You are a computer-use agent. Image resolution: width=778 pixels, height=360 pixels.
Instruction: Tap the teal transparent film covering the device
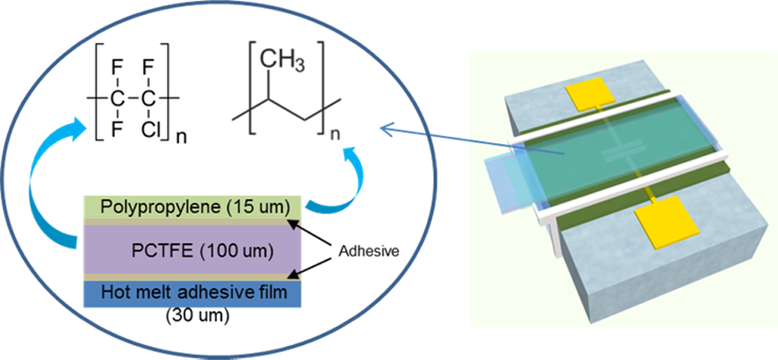(591, 148)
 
